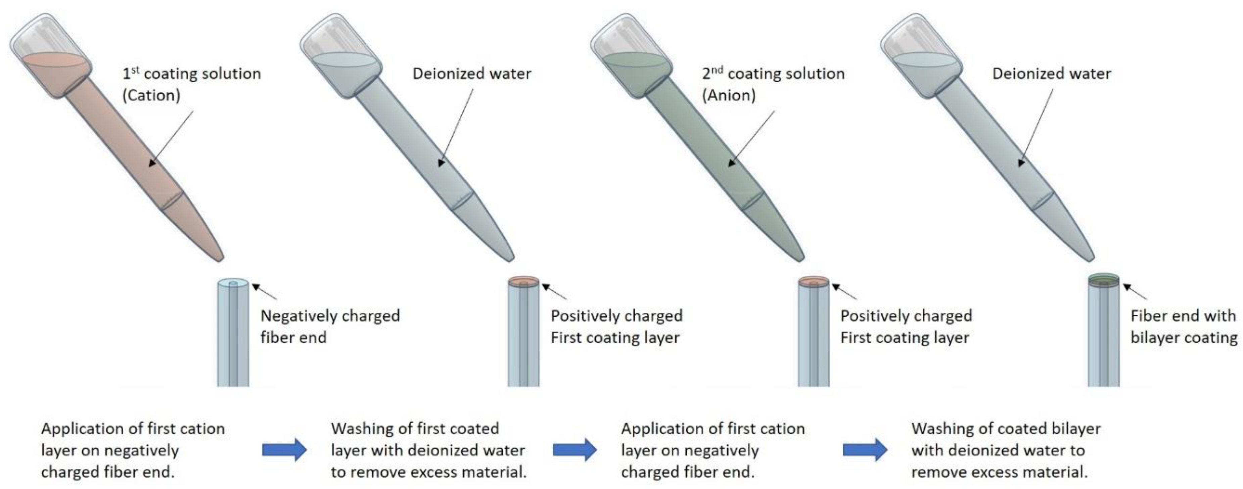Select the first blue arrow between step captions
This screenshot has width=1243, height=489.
click(x=284, y=450)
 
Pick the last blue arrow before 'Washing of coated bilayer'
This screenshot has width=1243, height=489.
click(x=865, y=450)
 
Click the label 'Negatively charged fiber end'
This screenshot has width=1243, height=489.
click(x=330, y=326)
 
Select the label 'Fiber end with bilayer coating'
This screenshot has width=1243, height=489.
click(x=1183, y=326)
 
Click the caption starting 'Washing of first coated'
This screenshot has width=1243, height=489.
click(x=428, y=450)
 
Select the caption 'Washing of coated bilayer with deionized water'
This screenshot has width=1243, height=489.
click(x=1006, y=450)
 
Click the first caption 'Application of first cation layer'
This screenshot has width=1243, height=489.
click(x=133, y=450)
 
